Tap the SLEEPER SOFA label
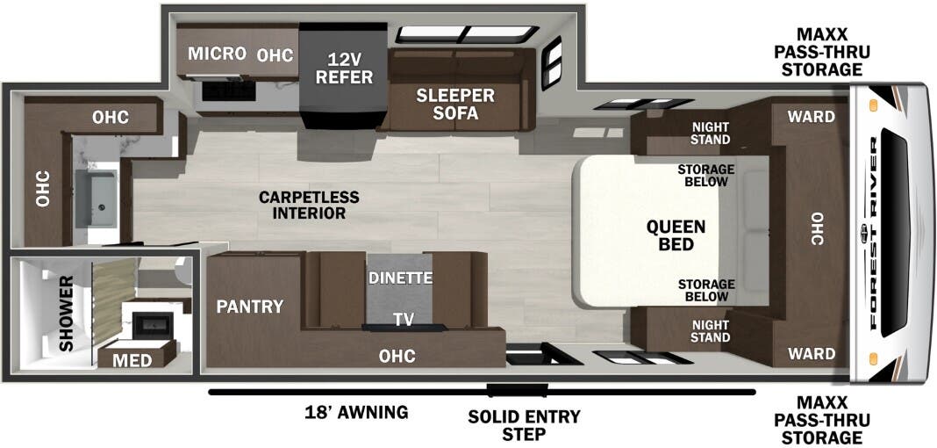(455, 104)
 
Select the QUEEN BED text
(676, 235)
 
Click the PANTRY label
(250, 307)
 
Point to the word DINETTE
(399, 278)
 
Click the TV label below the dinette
(403, 319)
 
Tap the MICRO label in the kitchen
(217, 54)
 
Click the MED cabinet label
(132, 360)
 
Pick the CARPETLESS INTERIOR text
(302, 205)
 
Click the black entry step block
(518, 390)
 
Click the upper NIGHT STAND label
(710, 133)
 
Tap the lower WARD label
(811, 354)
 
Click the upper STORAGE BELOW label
(705, 175)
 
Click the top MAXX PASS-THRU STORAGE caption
(818, 54)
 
